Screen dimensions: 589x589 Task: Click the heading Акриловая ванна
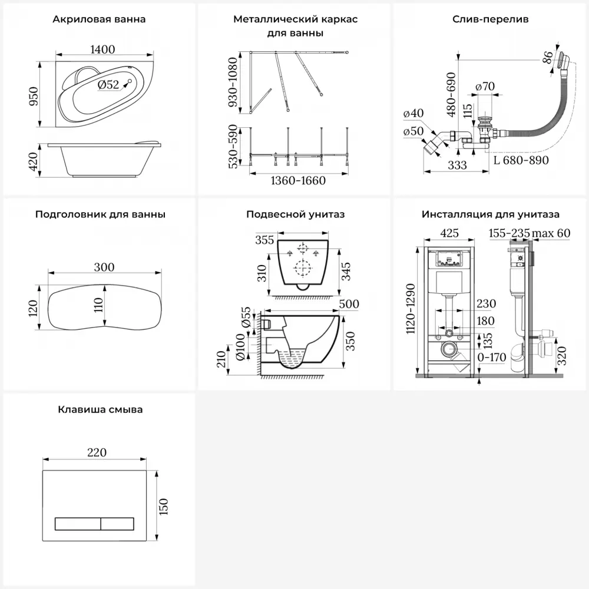point(99,19)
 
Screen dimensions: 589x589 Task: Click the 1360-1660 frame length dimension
point(297,180)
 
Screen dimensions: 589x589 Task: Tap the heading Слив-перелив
point(490,19)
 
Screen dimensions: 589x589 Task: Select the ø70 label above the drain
point(485,87)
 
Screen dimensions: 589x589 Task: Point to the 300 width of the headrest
point(104,267)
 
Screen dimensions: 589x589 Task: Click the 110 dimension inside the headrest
point(98,305)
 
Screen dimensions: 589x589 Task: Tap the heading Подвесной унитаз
point(296,214)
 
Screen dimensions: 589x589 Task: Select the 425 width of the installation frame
point(449,232)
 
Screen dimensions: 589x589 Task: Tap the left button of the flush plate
point(78,523)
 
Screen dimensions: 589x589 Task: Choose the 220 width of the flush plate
point(97,452)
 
